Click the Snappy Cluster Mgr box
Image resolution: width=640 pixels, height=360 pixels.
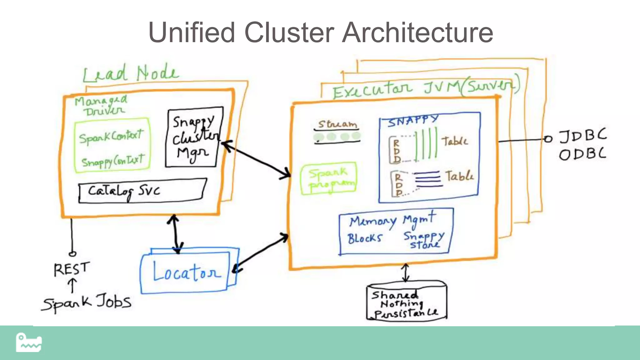[x=194, y=137]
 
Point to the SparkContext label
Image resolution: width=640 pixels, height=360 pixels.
[x=111, y=137]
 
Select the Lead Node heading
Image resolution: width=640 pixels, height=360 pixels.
[x=131, y=74]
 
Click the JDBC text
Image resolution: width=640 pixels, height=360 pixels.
[x=583, y=136]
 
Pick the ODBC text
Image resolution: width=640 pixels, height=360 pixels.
[x=583, y=154]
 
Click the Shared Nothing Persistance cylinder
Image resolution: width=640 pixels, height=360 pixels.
[x=406, y=302]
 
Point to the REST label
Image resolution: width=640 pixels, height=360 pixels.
[x=72, y=269]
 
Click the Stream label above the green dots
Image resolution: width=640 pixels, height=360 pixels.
[x=337, y=124]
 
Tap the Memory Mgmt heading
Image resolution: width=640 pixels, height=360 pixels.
[x=392, y=220]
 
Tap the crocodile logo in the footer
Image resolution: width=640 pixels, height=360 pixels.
[x=29, y=342]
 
